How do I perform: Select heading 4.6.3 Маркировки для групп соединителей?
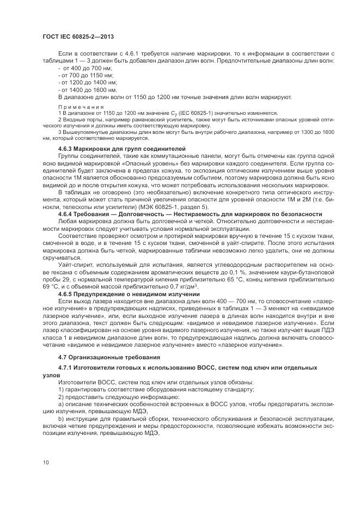pos(122,149)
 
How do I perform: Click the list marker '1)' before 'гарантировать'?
pos(61,390)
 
